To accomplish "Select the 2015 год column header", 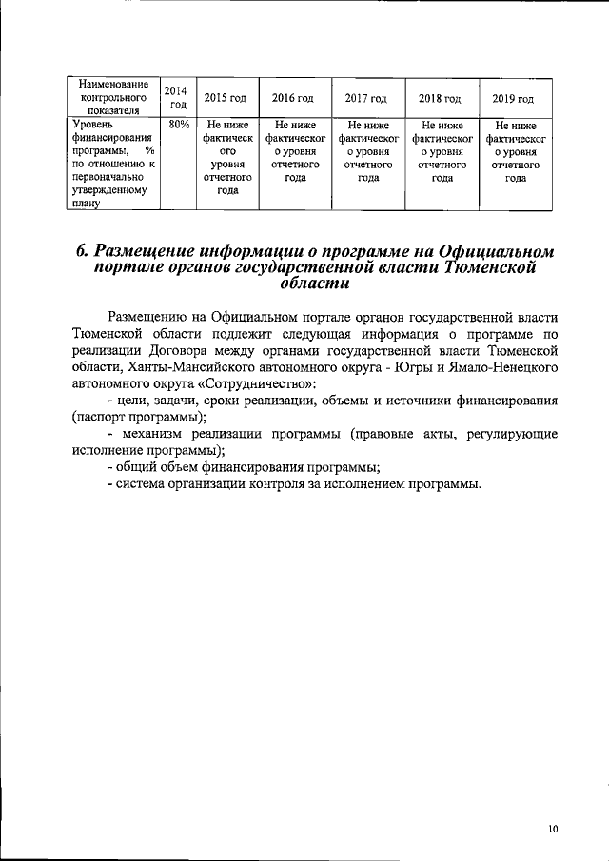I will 226,98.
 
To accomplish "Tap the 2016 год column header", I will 293,98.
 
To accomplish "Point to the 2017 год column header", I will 365,98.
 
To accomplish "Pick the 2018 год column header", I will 440,98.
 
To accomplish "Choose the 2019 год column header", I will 513,98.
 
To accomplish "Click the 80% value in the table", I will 178,125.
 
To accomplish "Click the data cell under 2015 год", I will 226,157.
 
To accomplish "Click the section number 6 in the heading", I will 83,252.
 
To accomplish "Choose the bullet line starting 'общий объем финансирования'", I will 247,466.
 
